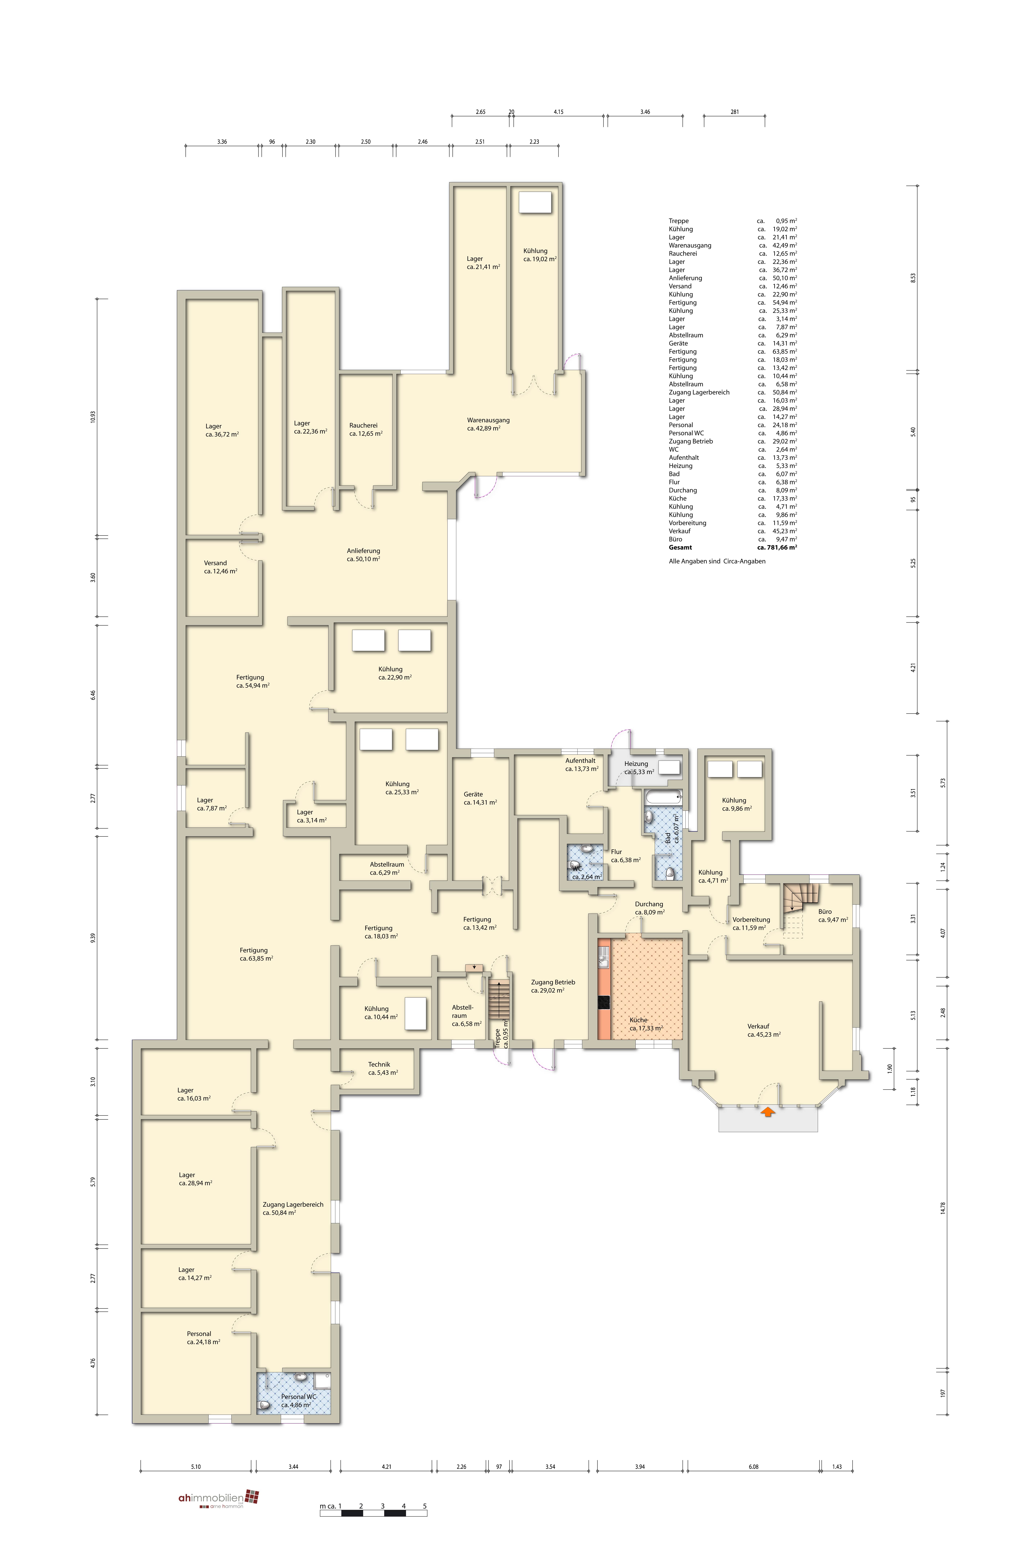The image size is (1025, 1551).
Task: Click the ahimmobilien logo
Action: tap(219, 1498)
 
